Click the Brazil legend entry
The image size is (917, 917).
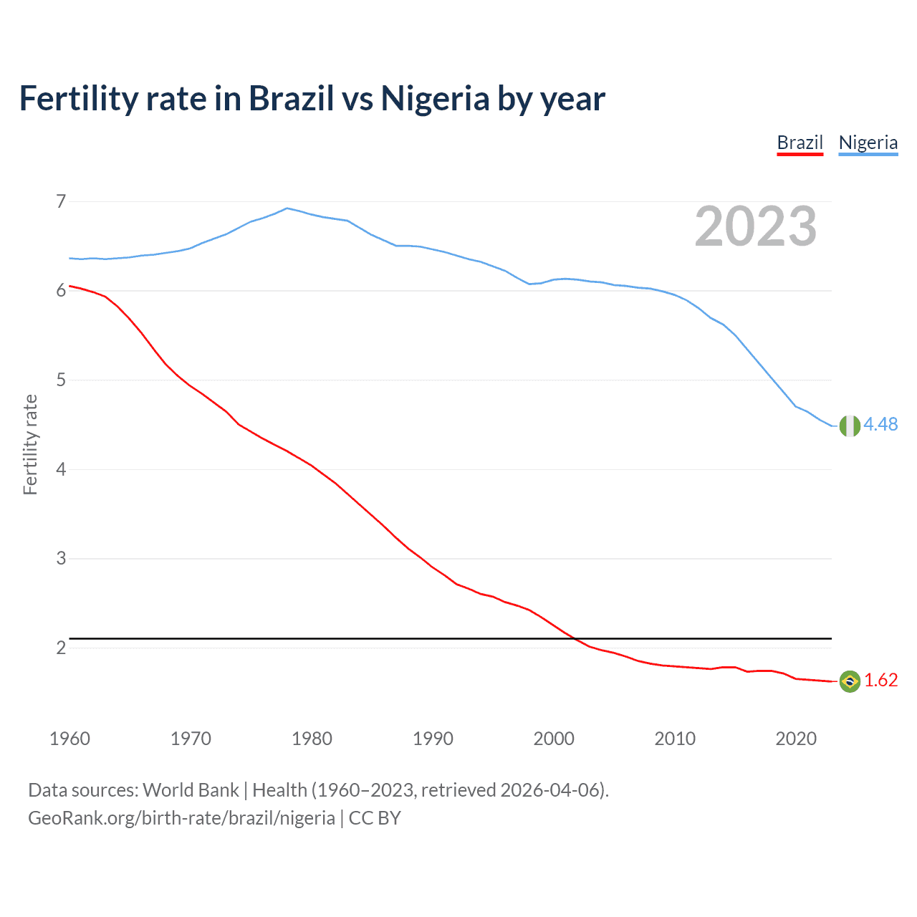[800, 143]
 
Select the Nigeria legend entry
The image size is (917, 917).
[868, 143]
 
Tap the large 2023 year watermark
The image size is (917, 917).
[755, 226]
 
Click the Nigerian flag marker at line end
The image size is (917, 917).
[849, 426]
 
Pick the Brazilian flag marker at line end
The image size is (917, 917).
[849, 681]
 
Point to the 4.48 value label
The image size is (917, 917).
[880, 425]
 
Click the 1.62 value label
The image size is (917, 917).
[880, 680]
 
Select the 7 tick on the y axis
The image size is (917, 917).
[61, 201]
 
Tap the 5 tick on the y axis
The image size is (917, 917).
[61, 380]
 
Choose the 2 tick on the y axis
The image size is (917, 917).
[61, 648]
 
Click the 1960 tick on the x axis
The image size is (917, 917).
[69, 739]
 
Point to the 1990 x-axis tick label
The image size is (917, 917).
[433, 739]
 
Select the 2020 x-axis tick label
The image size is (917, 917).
[796, 739]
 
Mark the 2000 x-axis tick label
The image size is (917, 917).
[554, 739]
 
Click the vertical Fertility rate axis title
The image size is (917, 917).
[30, 444]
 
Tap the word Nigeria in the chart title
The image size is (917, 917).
[435, 99]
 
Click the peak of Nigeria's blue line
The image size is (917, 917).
[287, 208]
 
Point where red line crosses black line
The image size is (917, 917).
[577, 638]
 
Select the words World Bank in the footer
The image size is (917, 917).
[191, 790]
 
